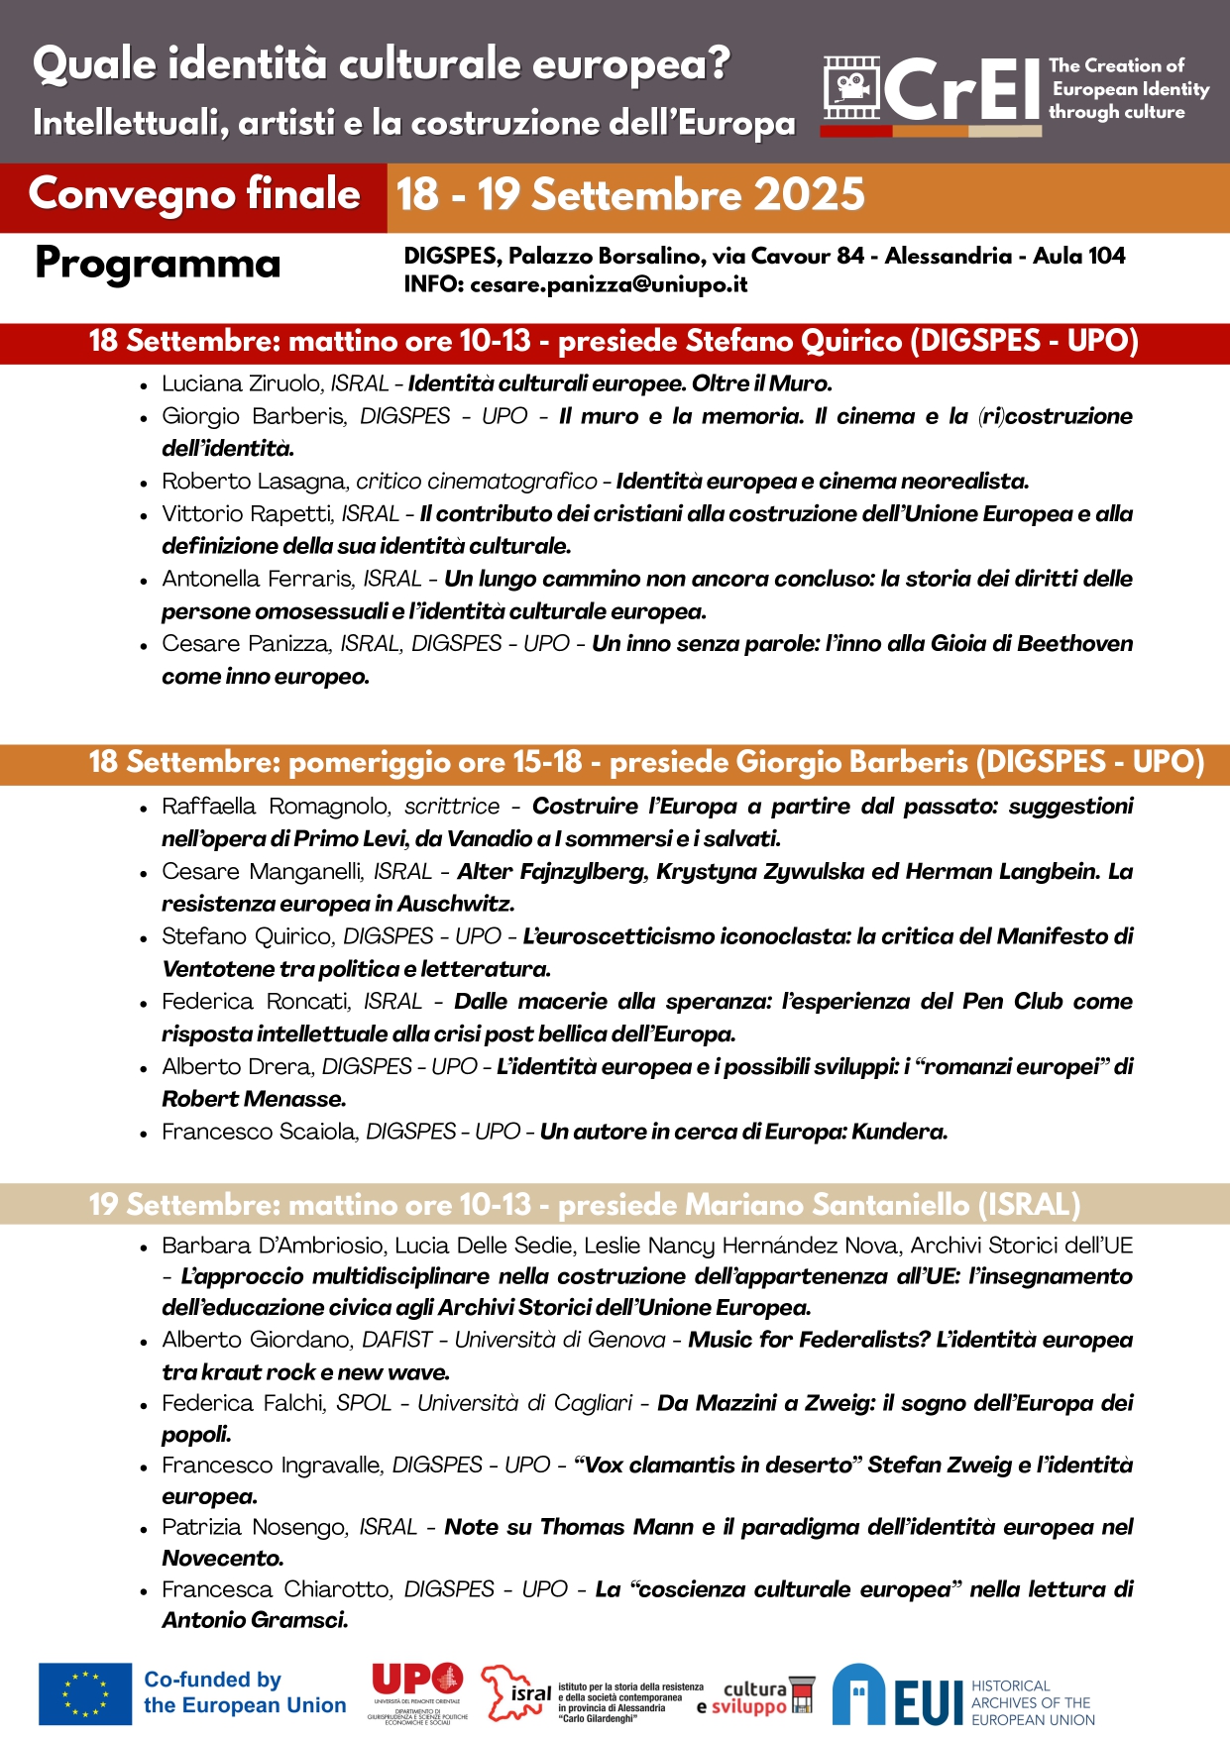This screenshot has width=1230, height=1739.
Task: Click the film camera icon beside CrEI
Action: (x=850, y=87)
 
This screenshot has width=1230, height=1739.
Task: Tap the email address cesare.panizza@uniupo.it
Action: (x=609, y=285)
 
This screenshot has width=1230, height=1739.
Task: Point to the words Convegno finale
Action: (x=194, y=194)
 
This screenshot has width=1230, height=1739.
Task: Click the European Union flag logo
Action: (x=85, y=1693)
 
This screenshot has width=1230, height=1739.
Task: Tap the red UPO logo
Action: (x=417, y=1680)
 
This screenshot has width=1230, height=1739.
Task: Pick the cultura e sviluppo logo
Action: (x=755, y=1696)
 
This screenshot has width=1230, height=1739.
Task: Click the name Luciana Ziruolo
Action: (x=243, y=384)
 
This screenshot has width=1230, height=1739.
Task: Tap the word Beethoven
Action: (x=1074, y=644)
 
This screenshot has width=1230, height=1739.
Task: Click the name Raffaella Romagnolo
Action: (x=277, y=807)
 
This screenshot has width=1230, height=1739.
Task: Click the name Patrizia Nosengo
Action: (x=255, y=1528)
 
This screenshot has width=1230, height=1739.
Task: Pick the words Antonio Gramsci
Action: (x=255, y=1621)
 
